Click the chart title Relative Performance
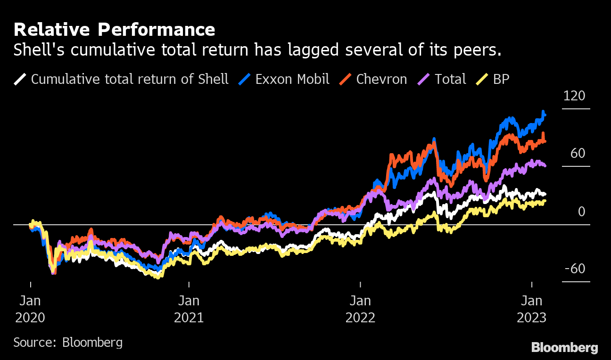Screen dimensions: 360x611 click(x=114, y=30)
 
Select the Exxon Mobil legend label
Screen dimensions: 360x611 click(x=292, y=79)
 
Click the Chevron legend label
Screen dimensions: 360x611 click(x=381, y=79)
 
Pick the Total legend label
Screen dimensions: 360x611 click(x=450, y=79)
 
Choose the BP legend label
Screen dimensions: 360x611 click(x=501, y=79)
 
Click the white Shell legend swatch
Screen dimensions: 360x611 click(x=20, y=79)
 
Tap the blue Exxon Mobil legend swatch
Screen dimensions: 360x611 click(x=244, y=79)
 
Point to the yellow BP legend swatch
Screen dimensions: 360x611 click(x=482, y=79)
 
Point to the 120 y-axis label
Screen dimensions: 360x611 click(x=574, y=96)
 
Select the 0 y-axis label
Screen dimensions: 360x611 click(x=581, y=212)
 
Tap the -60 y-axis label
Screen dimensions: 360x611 click(x=574, y=269)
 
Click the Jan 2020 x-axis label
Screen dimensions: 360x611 click(x=30, y=309)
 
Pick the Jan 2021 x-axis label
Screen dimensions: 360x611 click(x=189, y=309)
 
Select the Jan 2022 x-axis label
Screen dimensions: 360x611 click(x=360, y=309)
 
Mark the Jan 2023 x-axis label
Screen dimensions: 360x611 click(x=531, y=309)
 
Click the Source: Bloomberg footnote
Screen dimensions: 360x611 click(x=68, y=342)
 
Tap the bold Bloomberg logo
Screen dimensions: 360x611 click(x=564, y=348)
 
